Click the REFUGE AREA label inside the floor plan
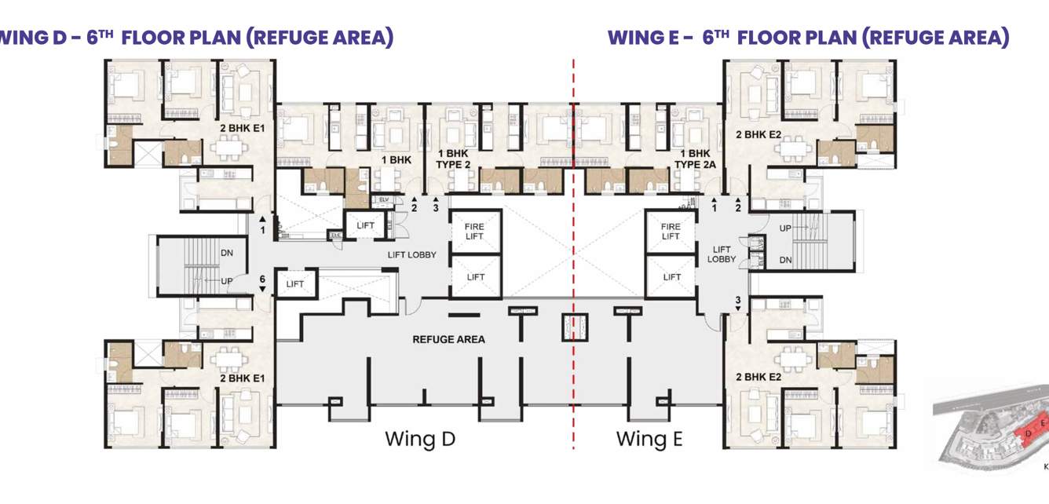click(x=448, y=339)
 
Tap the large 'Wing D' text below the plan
click(x=420, y=438)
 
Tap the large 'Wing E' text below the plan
click(x=649, y=438)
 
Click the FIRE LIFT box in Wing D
click(x=474, y=232)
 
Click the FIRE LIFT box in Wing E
click(x=671, y=232)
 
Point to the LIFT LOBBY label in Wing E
click(x=722, y=254)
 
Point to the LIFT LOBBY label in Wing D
click(x=411, y=254)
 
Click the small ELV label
click(x=384, y=200)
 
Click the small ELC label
click(x=336, y=235)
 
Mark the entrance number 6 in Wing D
click(x=263, y=279)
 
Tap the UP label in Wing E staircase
click(x=785, y=228)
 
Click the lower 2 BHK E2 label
click(x=758, y=378)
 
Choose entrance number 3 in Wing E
click(x=738, y=300)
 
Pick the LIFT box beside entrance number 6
click(x=295, y=284)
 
